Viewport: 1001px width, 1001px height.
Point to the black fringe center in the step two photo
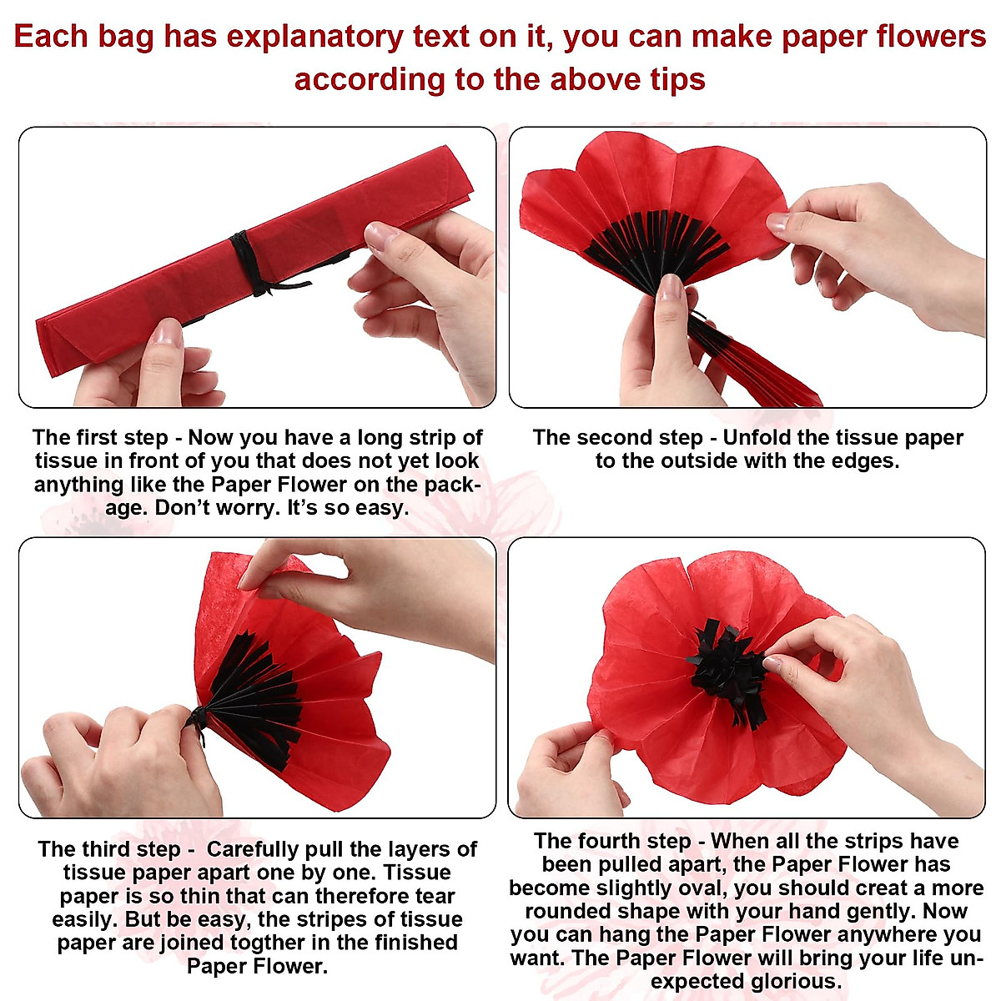coord(655,242)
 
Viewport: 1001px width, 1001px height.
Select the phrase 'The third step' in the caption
coord(109,850)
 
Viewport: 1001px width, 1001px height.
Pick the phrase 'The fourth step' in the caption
coord(612,841)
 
